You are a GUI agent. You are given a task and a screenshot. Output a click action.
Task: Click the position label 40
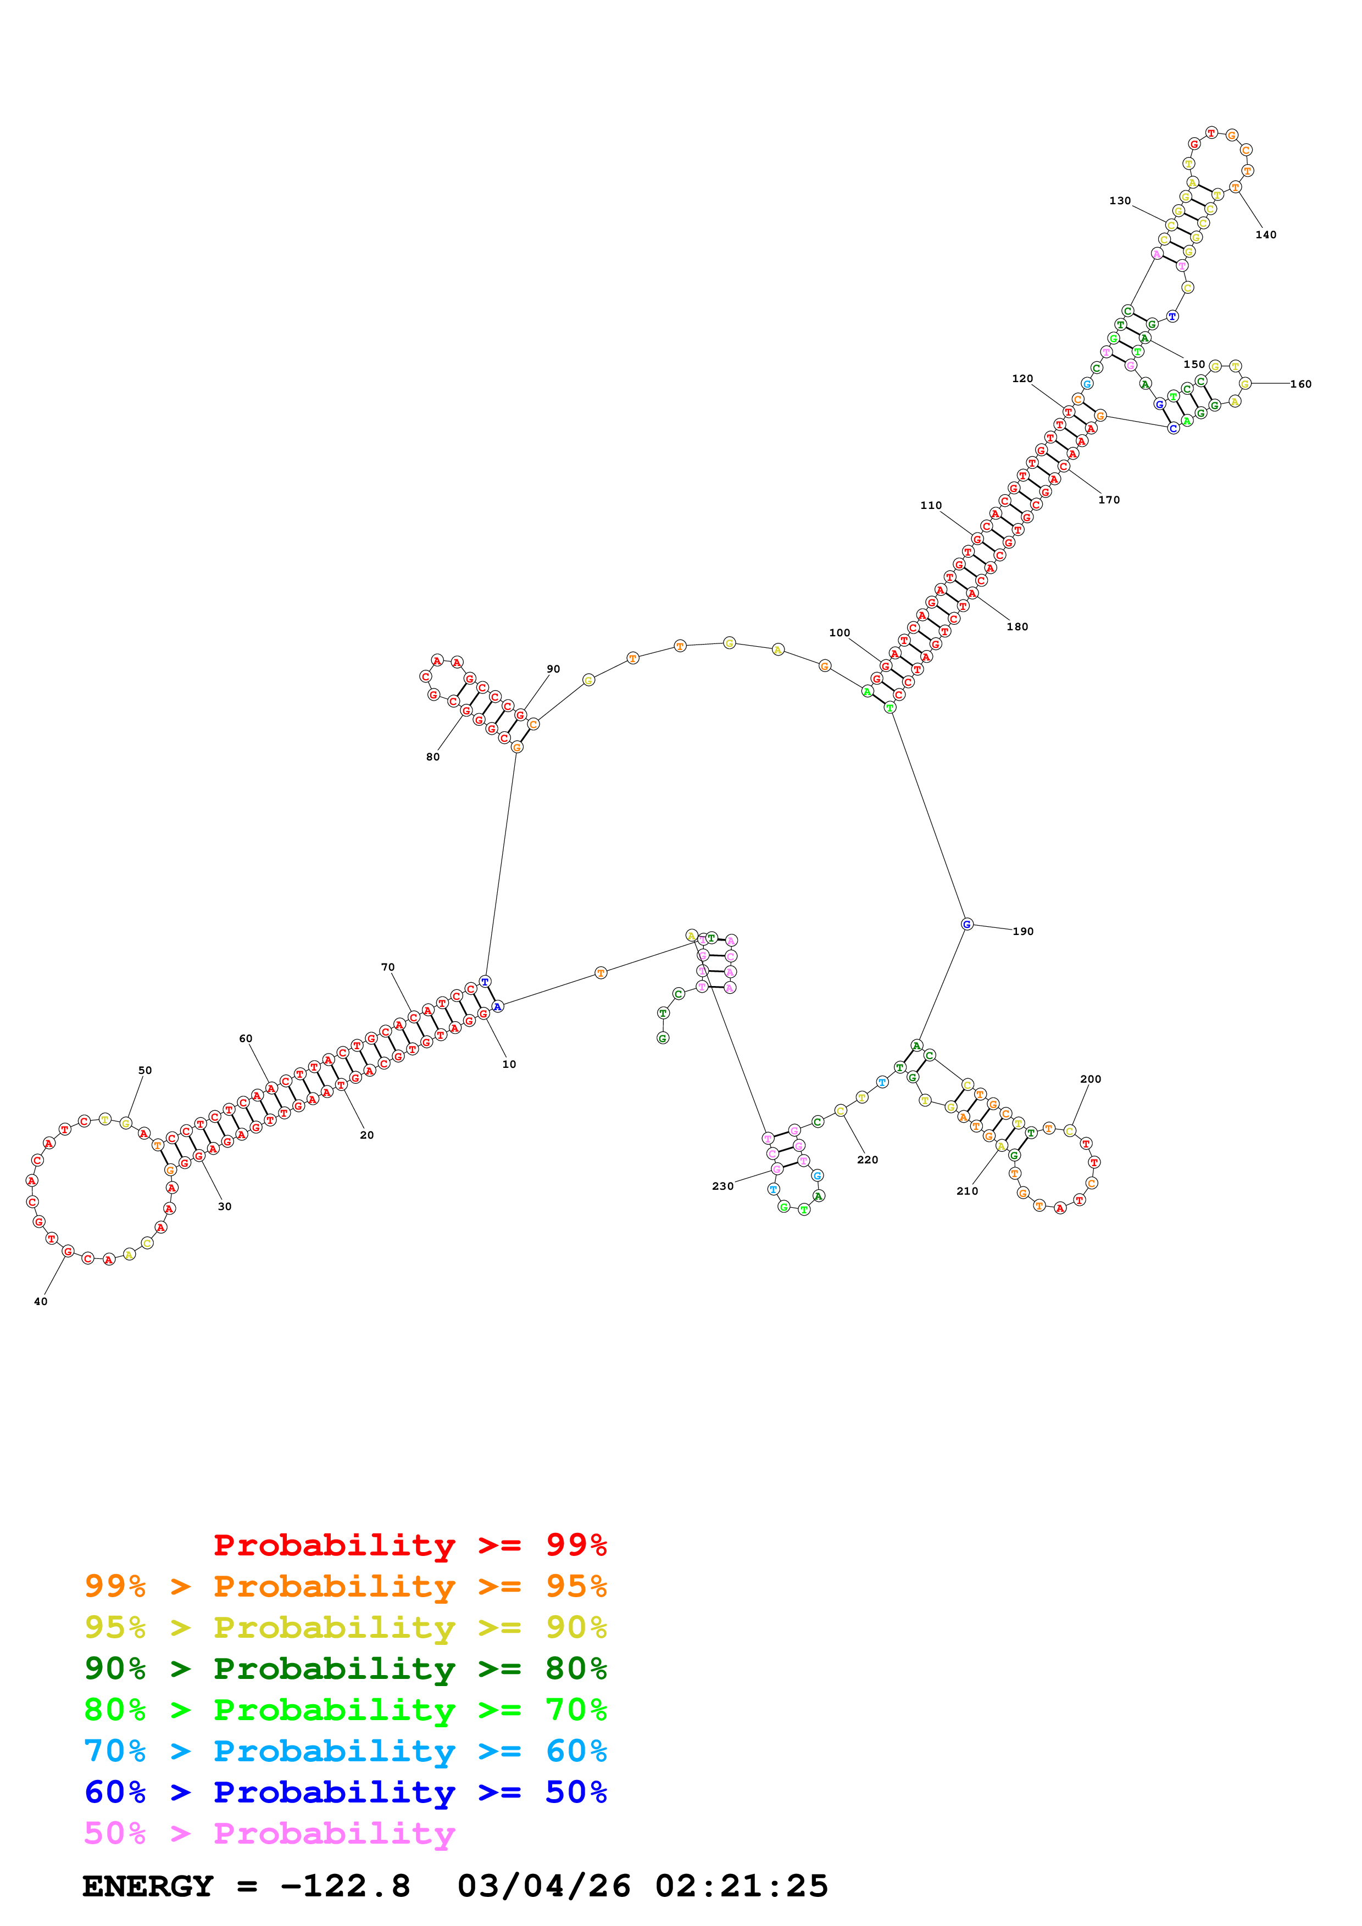[x=40, y=1301]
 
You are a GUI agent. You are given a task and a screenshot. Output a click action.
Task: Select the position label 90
[x=553, y=669]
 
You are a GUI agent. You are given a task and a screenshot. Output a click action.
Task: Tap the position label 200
[x=1090, y=1079]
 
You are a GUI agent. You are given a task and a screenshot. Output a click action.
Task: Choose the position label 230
[x=722, y=1185]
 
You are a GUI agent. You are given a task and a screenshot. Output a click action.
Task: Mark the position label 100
[x=839, y=632]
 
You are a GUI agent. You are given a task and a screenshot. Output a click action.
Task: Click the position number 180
[x=1017, y=626]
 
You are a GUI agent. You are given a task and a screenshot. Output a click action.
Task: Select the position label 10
[x=509, y=1063]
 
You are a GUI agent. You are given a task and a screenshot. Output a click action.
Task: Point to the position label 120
[x=1022, y=378]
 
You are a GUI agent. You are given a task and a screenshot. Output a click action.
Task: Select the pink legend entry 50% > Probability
[x=269, y=1833]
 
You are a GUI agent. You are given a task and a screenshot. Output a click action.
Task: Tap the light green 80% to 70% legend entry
[x=345, y=1709]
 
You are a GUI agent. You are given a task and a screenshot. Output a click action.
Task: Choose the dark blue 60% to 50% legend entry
[x=345, y=1792]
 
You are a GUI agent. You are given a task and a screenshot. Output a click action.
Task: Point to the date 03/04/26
[x=544, y=1886]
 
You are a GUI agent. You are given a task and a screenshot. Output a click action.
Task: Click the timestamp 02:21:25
[x=741, y=1886]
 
